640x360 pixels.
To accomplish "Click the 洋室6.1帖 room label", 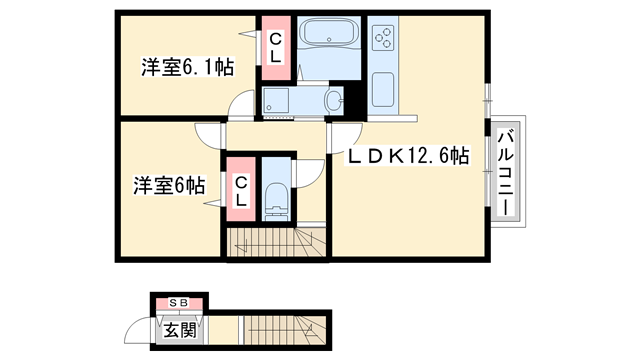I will click(x=187, y=68).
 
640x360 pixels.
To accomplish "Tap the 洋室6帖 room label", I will click(x=171, y=185).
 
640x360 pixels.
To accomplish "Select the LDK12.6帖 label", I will click(x=408, y=156).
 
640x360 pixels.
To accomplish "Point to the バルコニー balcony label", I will click(x=506, y=172).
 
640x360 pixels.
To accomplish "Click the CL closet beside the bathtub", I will click(x=276, y=46).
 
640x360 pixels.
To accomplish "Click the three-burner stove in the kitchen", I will click(x=383, y=39).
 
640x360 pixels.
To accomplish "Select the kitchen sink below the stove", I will click(x=383, y=91).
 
